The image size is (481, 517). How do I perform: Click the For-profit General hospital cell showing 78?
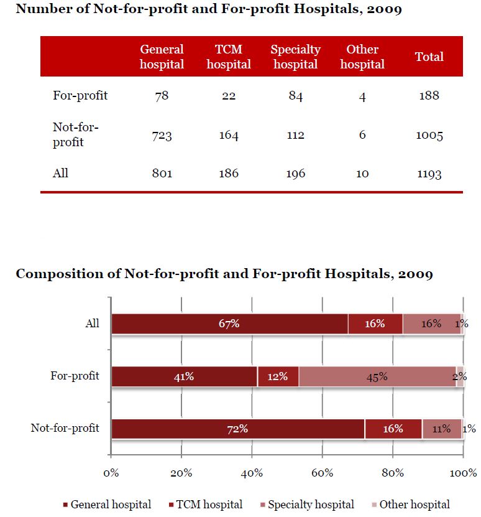(x=162, y=95)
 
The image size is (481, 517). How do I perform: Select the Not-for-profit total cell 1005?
(x=429, y=135)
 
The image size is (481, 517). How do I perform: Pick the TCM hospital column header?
(x=229, y=57)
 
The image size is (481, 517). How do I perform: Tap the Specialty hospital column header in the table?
(x=296, y=57)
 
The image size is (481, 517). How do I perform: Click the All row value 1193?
(x=429, y=174)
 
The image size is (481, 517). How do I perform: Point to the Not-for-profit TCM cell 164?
(x=229, y=135)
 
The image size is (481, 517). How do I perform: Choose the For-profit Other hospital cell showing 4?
(x=362, y=95)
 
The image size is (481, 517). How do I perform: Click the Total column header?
(x=429, y=57)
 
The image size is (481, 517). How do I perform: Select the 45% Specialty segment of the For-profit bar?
(x=377, y=376)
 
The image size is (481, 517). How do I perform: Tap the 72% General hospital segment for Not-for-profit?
(x=237, y=429)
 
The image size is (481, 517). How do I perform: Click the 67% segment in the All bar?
(x=229, y=324)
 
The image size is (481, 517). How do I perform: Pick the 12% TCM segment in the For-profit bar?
(x=278, y=376)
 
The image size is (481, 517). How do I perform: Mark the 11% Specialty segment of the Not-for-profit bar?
(x=441, y=429)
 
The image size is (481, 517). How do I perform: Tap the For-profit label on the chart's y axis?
(x=75, y=376)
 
